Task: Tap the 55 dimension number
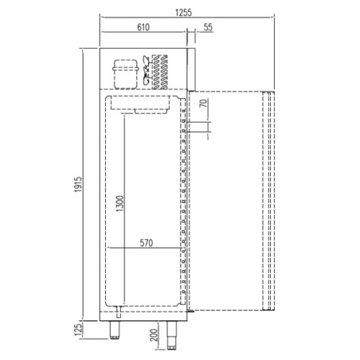click(x=208, y=27)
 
